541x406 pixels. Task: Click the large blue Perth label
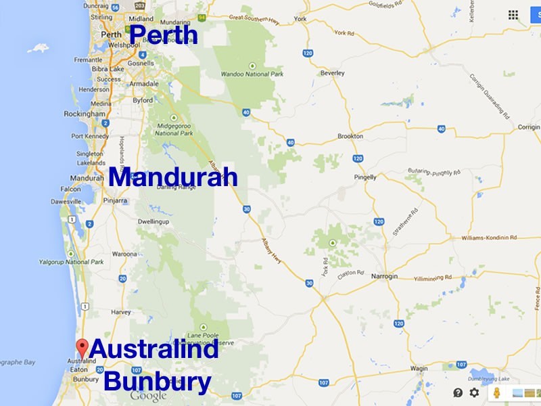point(163,35)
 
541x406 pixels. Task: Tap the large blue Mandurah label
point(173,178)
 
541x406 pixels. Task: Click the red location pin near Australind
point(83,347)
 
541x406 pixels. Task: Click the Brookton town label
point(350,136)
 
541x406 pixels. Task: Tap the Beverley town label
point(332,73)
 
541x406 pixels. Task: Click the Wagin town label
point(419,369)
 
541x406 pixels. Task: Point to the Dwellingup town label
point(153,221)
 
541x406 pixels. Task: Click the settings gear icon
point(474,392)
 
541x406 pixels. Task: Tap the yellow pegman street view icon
point(496,392)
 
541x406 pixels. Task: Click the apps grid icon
point(513,15)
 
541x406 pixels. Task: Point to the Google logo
point(148,396)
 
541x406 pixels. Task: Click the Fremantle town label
point(88,60)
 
